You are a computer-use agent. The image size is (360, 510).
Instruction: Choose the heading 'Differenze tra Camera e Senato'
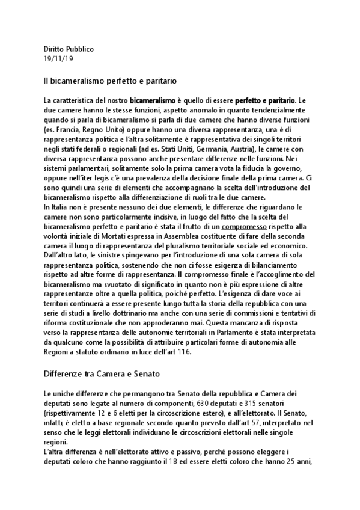(x=100, y=373)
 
